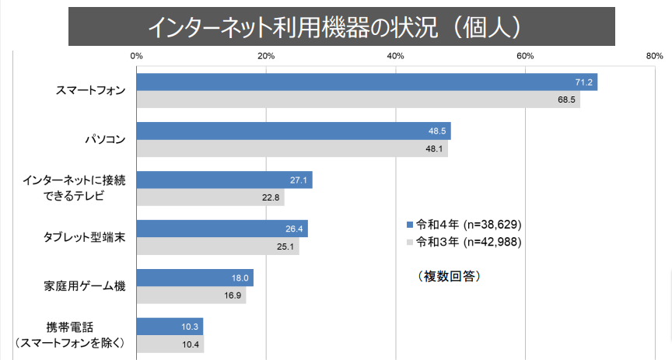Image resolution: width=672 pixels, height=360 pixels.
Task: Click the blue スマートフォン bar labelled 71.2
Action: tap(366, 82)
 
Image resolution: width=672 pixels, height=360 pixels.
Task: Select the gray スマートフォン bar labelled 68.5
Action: tap(358, 100)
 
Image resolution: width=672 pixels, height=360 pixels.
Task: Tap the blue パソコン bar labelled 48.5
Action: tap(293, 131)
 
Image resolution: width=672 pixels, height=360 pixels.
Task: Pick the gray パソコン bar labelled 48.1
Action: tap(292, 149)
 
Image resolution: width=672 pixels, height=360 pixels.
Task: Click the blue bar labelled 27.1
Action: tap(224, 180)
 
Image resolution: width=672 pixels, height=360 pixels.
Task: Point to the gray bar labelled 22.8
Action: tap(210, 197)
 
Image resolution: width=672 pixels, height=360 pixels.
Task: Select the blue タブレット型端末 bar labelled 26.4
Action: tap(222, 229)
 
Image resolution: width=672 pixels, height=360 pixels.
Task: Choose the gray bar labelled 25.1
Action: tap(218, 246)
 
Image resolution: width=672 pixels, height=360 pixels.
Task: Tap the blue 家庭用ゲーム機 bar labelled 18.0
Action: tap(194, 278)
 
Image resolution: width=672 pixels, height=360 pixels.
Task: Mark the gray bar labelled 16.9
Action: tap(191, 295)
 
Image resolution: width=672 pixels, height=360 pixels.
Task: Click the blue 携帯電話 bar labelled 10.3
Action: tap(170, 327)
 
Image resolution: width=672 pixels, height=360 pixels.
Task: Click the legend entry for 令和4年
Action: tap(464, 224)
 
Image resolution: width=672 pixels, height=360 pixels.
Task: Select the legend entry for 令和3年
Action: tap(464, 242)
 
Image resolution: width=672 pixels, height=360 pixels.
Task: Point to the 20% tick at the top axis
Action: tap(266, 56)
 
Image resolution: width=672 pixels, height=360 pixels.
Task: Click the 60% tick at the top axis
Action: tap(525, 56)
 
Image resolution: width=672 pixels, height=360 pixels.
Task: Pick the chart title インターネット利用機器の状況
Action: tap(334, 26)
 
